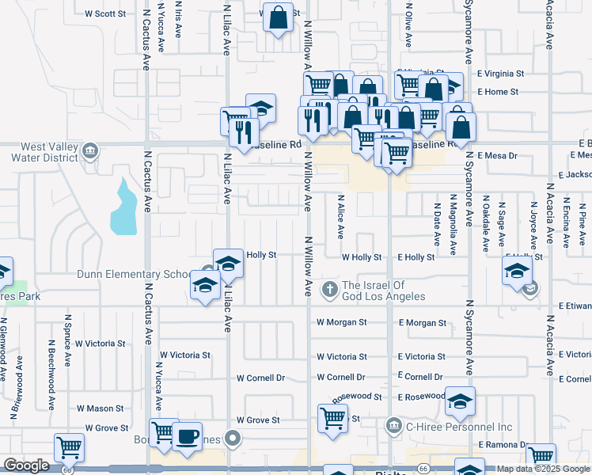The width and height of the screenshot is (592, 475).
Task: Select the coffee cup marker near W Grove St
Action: [x=187, y=437]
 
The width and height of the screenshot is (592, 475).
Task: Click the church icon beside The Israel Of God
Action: [x=330, y=291]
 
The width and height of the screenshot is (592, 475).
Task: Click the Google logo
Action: [x=26, y=465]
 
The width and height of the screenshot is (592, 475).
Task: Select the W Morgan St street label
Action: [x=342, y=323]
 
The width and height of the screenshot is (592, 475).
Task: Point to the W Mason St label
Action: [x=100, y=408]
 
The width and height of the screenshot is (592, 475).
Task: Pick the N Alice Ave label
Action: [x=341, y=218]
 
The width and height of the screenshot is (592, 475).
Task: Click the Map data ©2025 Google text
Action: [x=544, y=468]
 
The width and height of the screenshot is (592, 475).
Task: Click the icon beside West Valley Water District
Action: [x=90, y=151]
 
